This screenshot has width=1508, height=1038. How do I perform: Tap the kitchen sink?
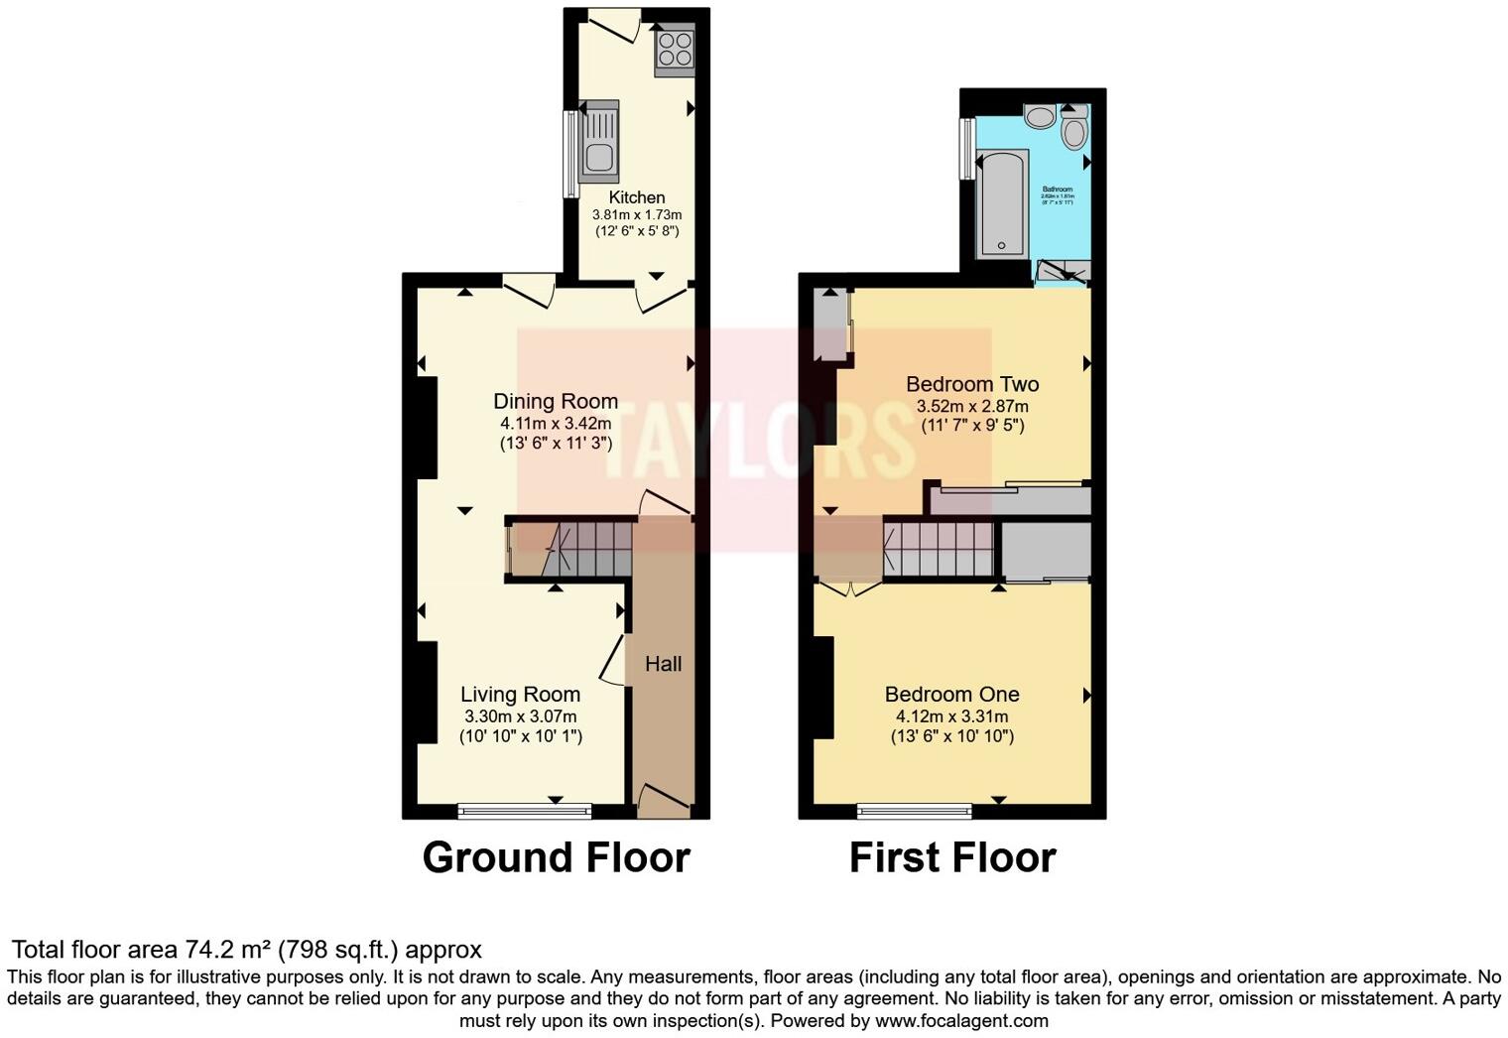[598, 141]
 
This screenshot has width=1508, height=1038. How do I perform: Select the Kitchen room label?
[637, 196]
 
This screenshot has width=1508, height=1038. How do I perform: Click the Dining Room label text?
[556, 401]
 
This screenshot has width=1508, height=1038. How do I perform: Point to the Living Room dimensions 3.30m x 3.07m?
[520, 716]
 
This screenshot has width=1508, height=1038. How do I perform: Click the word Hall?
[663, 664]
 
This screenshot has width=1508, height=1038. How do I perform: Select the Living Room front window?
[524, 812]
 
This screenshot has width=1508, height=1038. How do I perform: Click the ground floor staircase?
[585, 549]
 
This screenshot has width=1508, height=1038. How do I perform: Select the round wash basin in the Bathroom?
[1040, 117]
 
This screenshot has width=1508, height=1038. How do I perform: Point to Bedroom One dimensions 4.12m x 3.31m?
[951, 716]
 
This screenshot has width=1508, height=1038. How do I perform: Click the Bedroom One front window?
[914, 812]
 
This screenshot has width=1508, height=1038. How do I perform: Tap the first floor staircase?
[938, 549]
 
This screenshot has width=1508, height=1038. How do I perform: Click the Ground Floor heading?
[556, 857]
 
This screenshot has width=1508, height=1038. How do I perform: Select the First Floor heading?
[952, 857]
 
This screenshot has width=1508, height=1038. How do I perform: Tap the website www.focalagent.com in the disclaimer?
[959, 1020]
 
